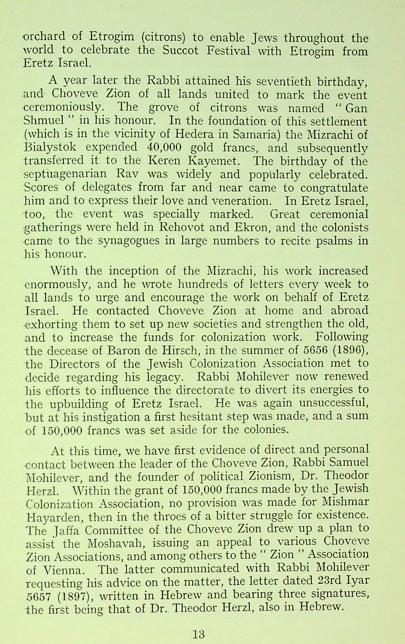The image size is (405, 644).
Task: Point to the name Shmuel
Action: point(41,122)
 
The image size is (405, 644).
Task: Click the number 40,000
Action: point(167,148)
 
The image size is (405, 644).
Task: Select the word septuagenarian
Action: point(65,175)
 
